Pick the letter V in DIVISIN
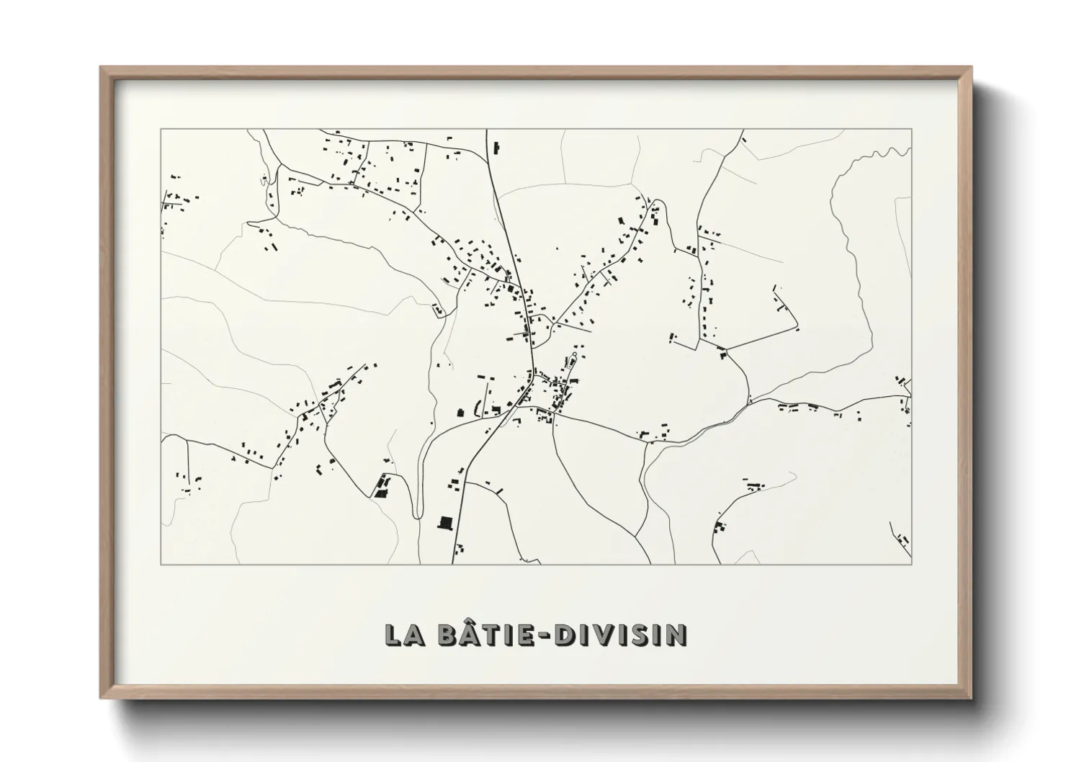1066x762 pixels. [x=596, y=635]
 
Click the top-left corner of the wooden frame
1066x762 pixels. [x=102, y=68]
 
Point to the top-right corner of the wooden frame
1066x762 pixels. [x=970, y=68]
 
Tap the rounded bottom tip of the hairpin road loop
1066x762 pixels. [x=417, y=514]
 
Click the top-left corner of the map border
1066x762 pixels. [x=161, y=130]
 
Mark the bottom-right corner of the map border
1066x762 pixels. [x=911, y=564]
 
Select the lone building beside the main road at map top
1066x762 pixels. [x=496, y=148]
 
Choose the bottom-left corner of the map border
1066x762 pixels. [x=161, y=564]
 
